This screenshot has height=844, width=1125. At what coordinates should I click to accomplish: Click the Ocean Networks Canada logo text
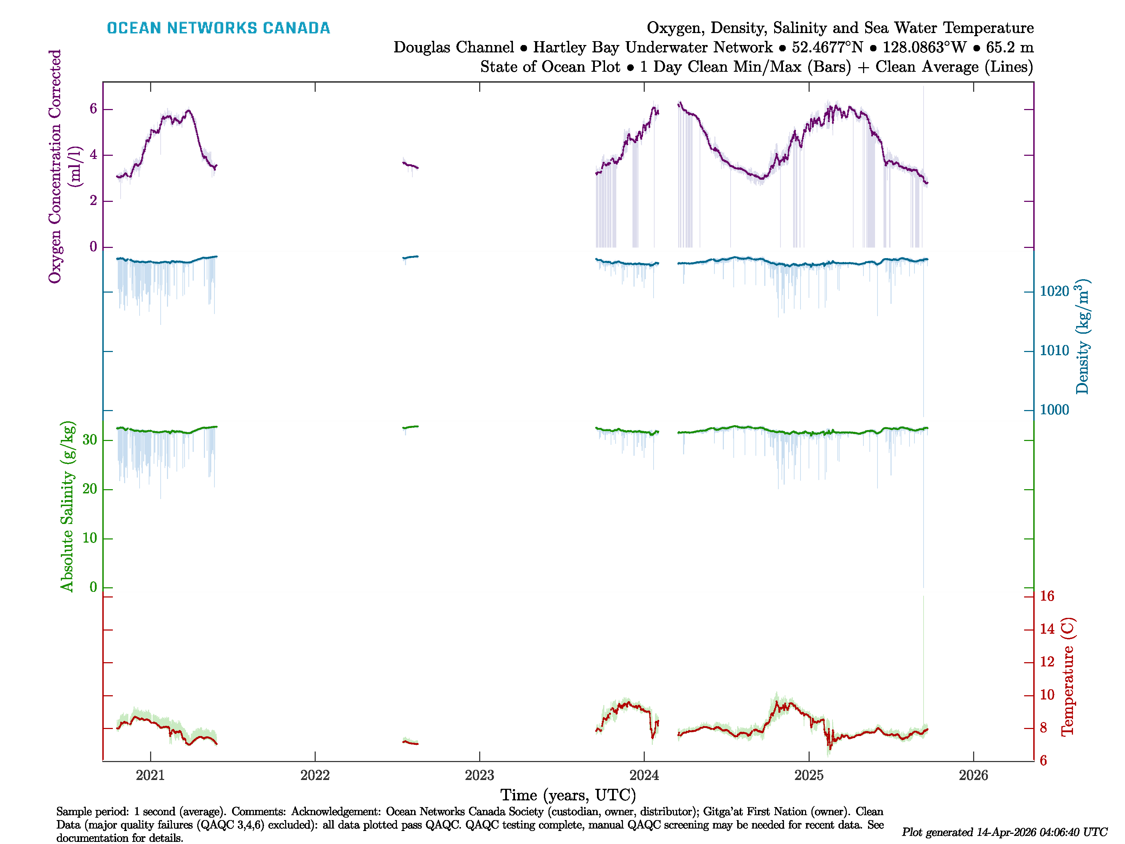click(x=218, y=28)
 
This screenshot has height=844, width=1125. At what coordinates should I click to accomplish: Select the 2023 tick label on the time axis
click(x=479, y=775)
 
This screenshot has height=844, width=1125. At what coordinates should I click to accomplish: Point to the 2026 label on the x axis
click(x=973, y=775)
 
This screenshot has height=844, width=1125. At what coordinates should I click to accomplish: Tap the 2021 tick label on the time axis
click(x=150, y=775)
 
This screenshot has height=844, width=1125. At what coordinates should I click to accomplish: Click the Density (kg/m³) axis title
click(x=1082, y=337)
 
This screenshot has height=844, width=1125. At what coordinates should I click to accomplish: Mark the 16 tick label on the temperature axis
click(x=1047, y=596)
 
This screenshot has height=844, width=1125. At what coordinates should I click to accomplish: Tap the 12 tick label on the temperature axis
click(x=1047, y=662)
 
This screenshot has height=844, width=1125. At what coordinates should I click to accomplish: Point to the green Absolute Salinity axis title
click(x=67, y=506)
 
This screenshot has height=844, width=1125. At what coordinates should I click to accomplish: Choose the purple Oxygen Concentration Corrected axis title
click(x=55, y=166)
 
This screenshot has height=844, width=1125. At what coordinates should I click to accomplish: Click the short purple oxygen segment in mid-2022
click(x=410, y=165)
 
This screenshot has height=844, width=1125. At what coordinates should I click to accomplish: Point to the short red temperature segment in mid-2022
click(x=410, y=743)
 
